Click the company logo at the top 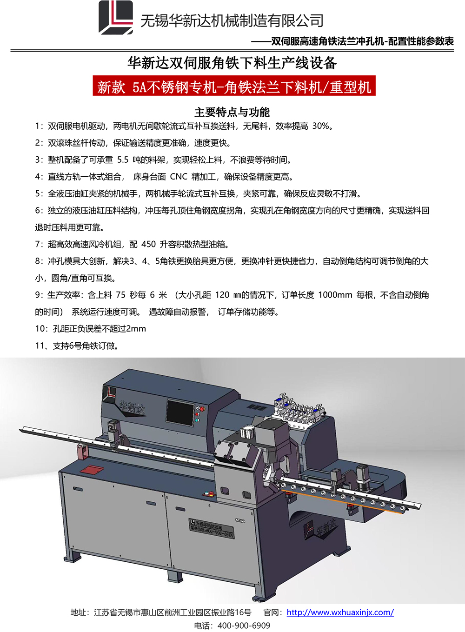(115, 18)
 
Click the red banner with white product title (234, 86)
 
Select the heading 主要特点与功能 (232, 112)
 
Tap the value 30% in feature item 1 (320, 126)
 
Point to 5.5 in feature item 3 (123, 160)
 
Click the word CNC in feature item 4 (179, 177)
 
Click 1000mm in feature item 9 (335, 295)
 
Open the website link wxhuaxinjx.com (340, 612)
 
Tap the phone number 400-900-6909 (244, 625)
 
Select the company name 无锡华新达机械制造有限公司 (232, 20)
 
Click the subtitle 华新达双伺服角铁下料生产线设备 (232, 63)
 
